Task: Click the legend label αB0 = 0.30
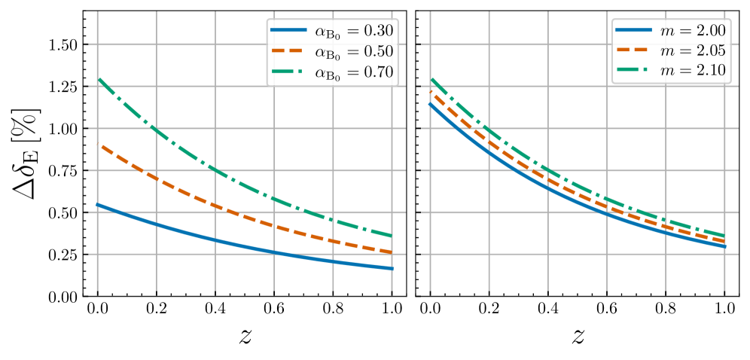pos(353,32)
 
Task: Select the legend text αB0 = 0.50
pos(353,53)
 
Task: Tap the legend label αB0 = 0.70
pos(353,73)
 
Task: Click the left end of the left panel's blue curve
pos(97,204)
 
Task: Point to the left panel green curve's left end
pos(98,78)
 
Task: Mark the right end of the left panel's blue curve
pos(392,268)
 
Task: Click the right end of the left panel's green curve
pos(392,236)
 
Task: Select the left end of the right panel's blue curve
pos(430,104)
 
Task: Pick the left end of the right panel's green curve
pos(431,78)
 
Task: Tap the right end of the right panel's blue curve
pos(725,246)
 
